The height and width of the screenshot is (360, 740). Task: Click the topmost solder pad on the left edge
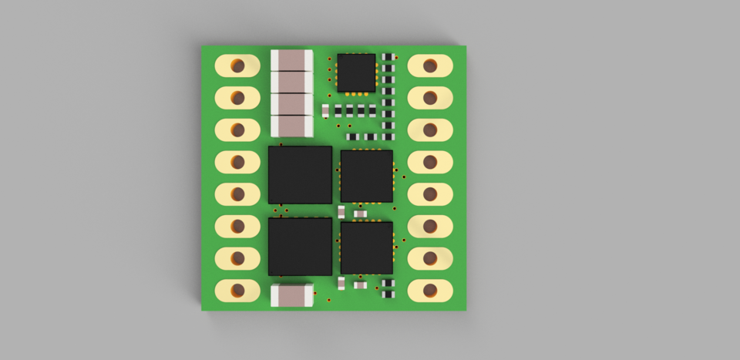click(237, 66)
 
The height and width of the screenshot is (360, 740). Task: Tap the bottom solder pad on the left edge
click(237, 290)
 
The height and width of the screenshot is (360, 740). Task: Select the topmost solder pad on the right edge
click(430, 66)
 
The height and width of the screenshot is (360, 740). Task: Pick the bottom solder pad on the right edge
click(430, 290)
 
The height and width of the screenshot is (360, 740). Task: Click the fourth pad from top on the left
click(237, 162)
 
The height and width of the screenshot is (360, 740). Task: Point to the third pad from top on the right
click(430, 130)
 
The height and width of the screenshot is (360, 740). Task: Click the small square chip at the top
click(356, 72)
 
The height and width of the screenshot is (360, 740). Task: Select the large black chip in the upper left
click(300, 175)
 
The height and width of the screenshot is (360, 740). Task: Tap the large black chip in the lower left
click(300, 246)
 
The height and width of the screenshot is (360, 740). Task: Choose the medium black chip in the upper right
click(366, 176)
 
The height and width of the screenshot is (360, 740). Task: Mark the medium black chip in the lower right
click(366, 247)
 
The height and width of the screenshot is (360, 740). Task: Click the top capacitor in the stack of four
click(291, 60)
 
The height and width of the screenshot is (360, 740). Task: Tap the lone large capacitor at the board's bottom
click(292, 295)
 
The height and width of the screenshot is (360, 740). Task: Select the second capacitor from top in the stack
click(291, 82)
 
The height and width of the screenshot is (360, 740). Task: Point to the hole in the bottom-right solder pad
click(429, 290)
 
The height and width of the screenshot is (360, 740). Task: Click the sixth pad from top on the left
click(237, 226)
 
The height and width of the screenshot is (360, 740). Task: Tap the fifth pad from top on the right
click(430, 193)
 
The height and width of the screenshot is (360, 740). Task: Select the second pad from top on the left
click(237, 97)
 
